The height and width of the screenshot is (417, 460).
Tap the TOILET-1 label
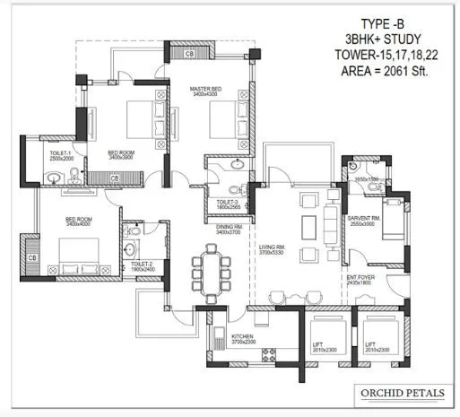click(60, 155)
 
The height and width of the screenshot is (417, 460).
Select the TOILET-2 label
click(143, 265)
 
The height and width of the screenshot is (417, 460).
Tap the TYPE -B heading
click(384, 23)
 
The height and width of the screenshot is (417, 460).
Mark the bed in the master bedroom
click(221, 119)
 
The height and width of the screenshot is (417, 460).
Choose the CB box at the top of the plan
click(190, 55)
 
